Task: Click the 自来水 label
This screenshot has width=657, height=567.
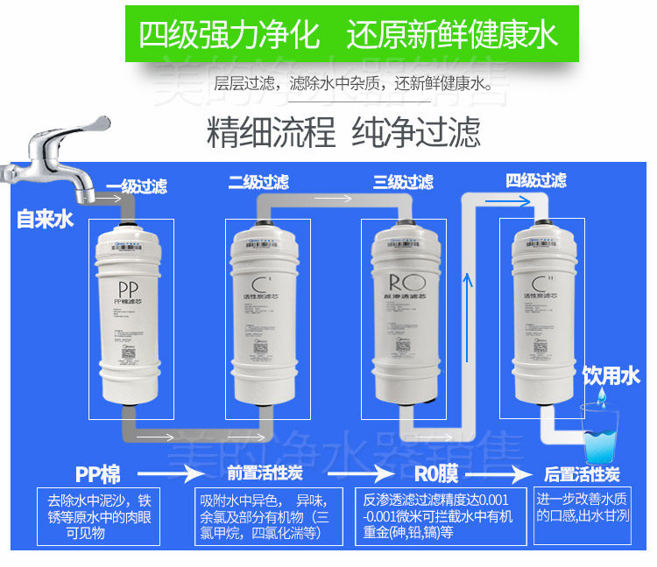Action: click(45, 219)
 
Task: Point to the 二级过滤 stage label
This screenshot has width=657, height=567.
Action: click(258, 182)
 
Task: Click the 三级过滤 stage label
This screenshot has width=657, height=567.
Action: click(403, 182)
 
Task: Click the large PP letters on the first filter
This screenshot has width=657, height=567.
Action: click(130, 290)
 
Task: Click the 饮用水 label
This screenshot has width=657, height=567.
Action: click(612, 376)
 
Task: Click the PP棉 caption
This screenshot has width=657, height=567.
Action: click(97, 474)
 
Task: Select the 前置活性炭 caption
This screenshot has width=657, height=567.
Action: click(265, 474)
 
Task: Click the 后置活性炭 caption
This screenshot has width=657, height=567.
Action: click(582, 474)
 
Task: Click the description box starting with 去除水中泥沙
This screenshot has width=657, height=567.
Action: click(98, 515)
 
